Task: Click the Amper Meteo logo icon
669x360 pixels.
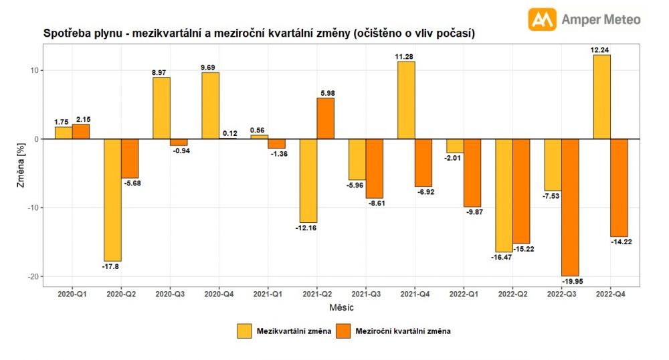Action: pyautogui.click(x=543, y=19)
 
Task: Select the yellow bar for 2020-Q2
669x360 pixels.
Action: pyautogui.click(x=112, y=199)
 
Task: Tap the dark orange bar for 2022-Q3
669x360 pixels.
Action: pyautogui.click(x=570, y=207)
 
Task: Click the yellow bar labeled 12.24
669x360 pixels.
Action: pyautogui.click(x=601, y=97)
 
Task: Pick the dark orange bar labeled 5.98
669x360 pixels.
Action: pyautogui.click(x=325, y=118)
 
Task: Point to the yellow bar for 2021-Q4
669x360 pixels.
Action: pyautogui.click(x=406, y=100)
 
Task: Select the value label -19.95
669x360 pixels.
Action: pyautogui.click(x=571, y=282)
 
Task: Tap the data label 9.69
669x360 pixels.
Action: pyautogui.click(x=210, y=67)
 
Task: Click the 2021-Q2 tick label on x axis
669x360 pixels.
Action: pyautogui.click(x=316, y=293)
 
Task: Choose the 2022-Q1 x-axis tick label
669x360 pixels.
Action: pyautogui.click(x=463, y=293)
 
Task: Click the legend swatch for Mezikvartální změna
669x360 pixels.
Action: pyautogui.click(x=244, y=331)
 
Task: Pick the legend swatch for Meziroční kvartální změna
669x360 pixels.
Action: pyautogui.click(x=343, y=331)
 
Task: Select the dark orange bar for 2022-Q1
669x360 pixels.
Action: pyautogui.click(x=472, y=173)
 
